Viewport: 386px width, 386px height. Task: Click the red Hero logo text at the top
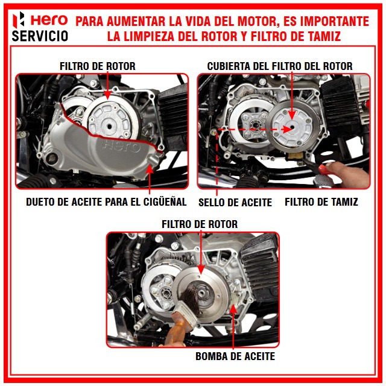click(49, 20)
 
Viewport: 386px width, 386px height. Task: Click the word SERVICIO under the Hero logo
click(40, 36)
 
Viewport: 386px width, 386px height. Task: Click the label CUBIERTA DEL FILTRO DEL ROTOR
click(280, 66)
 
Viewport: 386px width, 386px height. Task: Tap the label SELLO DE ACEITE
click(235, 203)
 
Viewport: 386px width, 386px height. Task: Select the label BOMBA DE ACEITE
click(235, 356)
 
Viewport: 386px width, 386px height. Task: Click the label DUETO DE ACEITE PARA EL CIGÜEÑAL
click(106, 202)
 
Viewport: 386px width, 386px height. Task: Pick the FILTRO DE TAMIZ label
click(321, 202)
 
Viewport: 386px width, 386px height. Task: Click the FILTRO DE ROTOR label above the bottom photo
click(200, 224)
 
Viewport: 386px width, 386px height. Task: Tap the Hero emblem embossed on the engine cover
click(121, 147)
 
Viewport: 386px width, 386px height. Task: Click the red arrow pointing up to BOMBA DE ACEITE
click(233, 327)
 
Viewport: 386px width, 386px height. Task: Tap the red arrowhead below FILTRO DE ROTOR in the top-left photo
click(107, 95)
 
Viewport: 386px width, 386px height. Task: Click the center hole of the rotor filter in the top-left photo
click(109, 127)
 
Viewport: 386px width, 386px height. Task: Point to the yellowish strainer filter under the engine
click(296, 156)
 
